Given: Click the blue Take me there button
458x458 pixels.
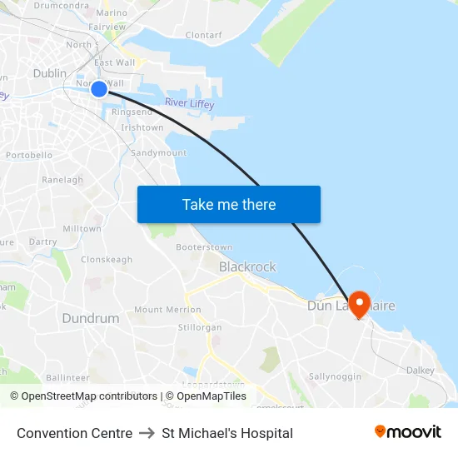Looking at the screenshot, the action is point(228,204).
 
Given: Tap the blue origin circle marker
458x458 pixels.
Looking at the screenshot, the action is point(98,88).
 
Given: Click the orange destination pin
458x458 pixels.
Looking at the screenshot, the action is point(360,303).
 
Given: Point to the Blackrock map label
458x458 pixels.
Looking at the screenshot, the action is point(247,267).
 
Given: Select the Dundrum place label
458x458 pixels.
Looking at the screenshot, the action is point(91,318).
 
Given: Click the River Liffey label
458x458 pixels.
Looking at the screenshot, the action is point(189,103).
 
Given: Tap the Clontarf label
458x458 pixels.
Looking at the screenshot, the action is point(204,36).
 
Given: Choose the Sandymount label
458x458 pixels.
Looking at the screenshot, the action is point(159,153).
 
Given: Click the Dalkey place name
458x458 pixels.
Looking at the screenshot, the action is point(421,370).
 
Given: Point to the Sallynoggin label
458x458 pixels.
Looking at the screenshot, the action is point(335,376).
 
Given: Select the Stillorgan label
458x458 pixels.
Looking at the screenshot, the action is point(200,327).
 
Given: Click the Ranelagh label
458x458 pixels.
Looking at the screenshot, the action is point(62,180).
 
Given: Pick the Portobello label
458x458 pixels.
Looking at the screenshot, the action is point(29,155).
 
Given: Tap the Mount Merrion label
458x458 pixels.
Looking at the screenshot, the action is point(167,310).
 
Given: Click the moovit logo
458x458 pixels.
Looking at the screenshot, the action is point(408,432).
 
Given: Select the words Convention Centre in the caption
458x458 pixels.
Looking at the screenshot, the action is point(74,433).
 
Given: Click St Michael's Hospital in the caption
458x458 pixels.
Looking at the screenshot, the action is point(227,433).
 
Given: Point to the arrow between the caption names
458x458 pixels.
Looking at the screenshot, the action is point(147,433).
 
